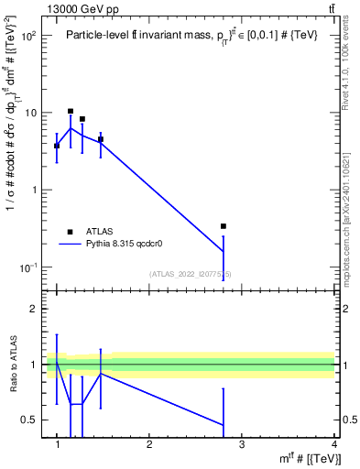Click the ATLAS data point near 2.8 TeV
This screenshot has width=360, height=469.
point(224,225)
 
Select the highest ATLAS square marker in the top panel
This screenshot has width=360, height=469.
point(71,112)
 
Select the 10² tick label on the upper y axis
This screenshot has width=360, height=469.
point(29,36)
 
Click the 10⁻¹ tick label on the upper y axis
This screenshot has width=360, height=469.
point(29,267)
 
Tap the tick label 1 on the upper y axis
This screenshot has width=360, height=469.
point(34,190)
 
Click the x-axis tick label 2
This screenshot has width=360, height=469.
point(149,444)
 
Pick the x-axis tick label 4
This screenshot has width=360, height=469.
point(334,444)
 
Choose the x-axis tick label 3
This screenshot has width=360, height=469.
point(242,444)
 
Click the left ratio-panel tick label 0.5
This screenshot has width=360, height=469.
point(30,420)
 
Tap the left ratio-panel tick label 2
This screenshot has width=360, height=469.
point(35,309)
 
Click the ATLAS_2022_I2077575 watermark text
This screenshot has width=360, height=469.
point(191,274)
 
